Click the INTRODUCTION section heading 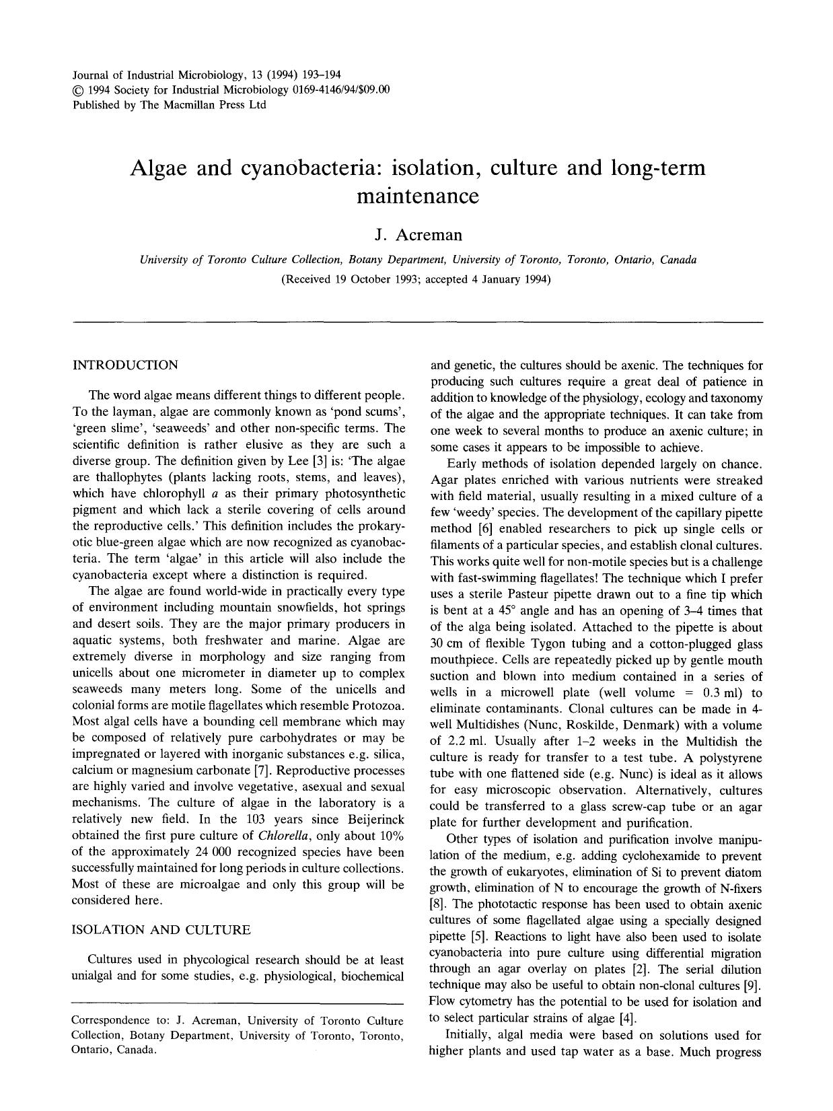tap(125, 365)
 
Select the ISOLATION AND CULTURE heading tap(161, 930)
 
